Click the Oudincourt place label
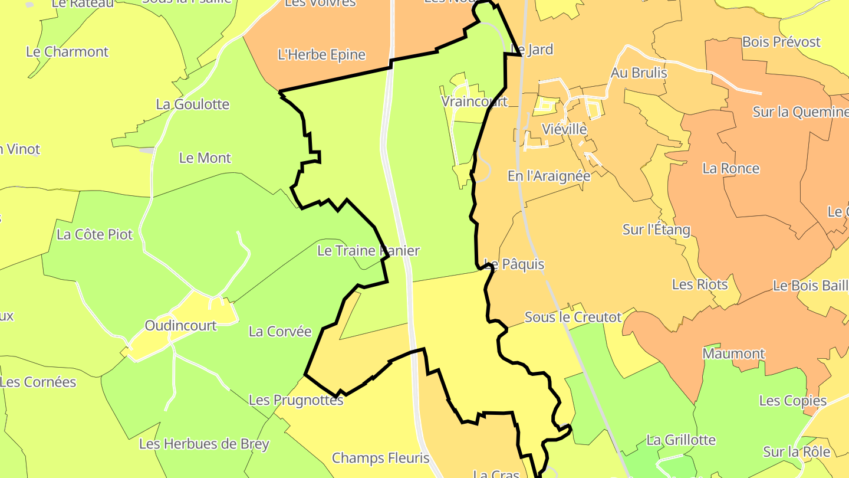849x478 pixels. (181, 326)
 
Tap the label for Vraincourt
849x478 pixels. (475, 102)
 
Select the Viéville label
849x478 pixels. (564, 129)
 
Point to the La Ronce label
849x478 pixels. (731, 169)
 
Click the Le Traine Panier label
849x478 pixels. (368, 251)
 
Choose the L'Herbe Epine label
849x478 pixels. (322, 55)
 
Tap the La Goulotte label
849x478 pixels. (193, 104)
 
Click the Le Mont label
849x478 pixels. (205, 158)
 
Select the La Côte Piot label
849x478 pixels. (95, 234)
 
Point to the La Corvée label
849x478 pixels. (280, 332)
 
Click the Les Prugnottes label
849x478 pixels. (296, 400)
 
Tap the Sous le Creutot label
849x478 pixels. (573, 317)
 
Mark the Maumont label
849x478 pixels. (734, 354)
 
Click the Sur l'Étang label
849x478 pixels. (656, 230)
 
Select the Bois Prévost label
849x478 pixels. (782, 42)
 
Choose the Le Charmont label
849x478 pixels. (67, 52)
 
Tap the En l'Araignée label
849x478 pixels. (549, 176)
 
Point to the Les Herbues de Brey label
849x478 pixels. (204, 444)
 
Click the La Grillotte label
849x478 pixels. (681, 440)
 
